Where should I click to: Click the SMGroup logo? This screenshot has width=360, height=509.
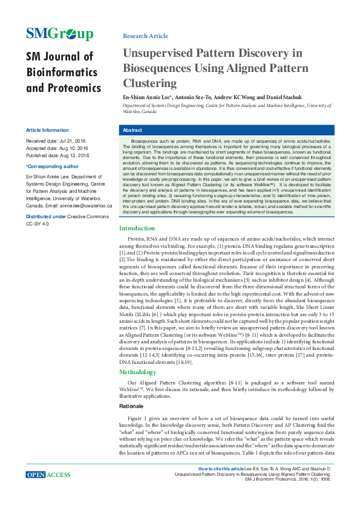click(x=59, y=34)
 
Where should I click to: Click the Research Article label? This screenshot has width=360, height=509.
click(x=145, y=36)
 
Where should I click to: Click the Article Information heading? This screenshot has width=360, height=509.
click(x=47, y=130)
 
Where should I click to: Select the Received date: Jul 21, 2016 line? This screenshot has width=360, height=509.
click(x=57, y=140)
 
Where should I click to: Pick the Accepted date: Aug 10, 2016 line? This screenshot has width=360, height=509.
click(x=57, y=148)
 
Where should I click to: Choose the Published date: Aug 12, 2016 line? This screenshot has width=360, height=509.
click(x=57, y=155)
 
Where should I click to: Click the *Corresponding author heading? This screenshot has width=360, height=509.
click(x=52, y=166)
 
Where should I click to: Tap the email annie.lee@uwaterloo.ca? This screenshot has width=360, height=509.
click(x=78, y=206)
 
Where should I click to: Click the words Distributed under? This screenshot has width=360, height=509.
click(x=45, y=216)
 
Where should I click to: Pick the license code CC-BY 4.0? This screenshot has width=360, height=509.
click(x=37, y=223)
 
